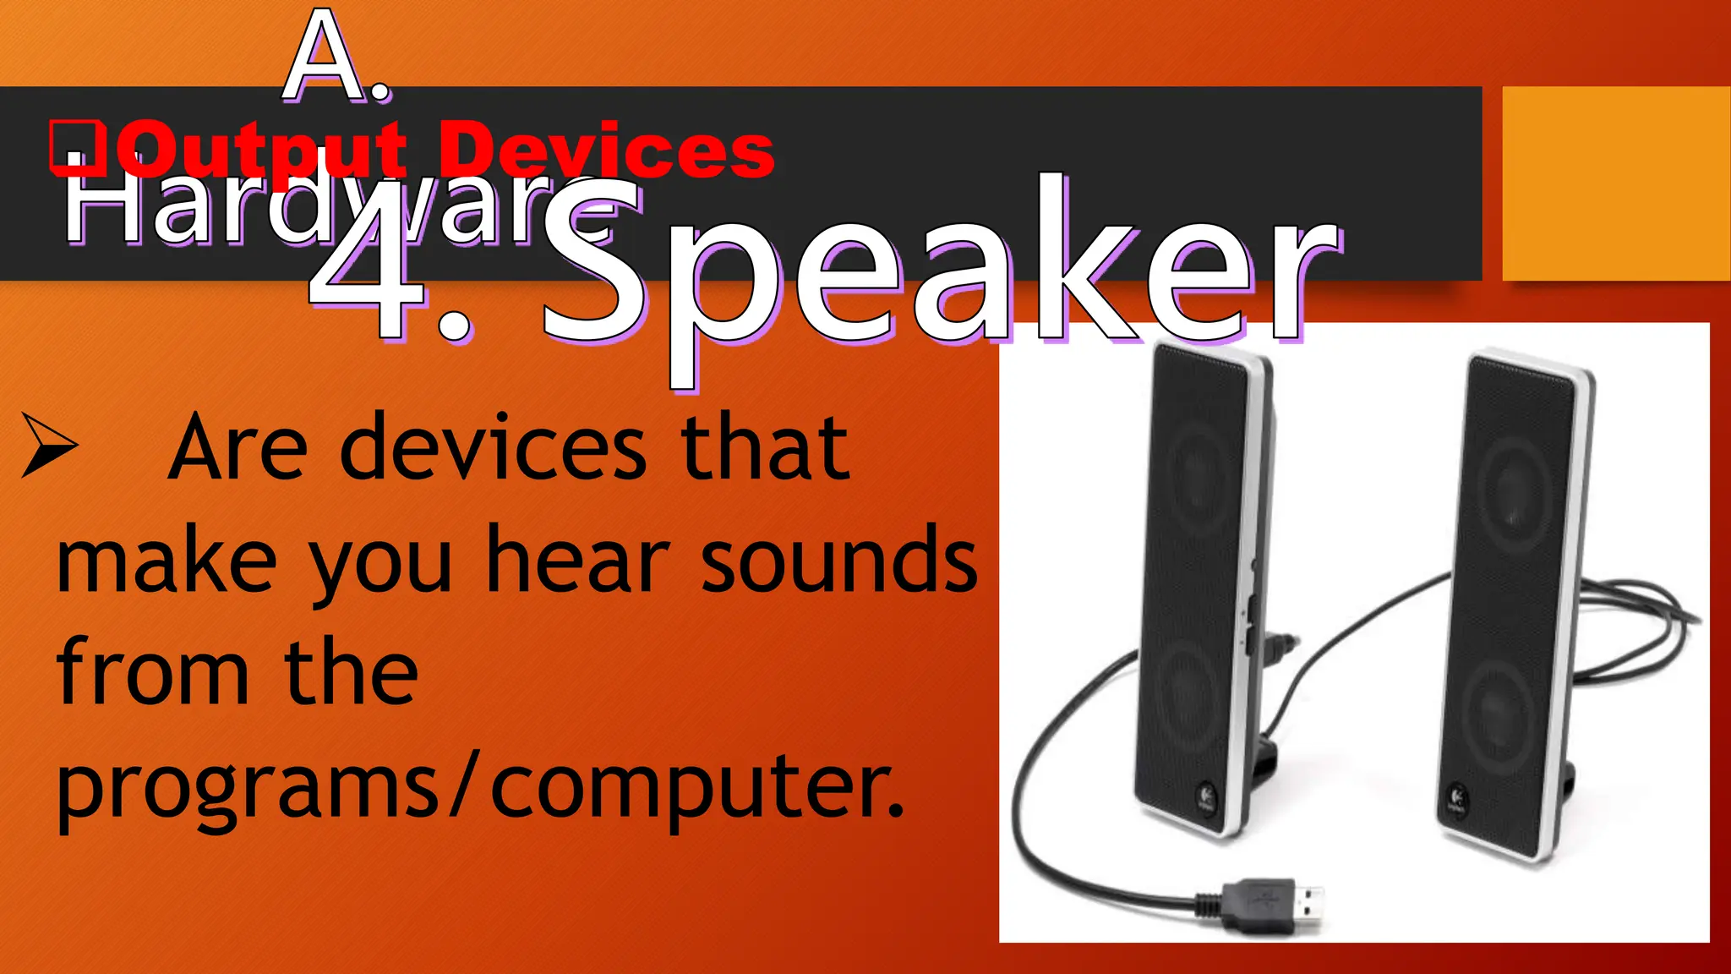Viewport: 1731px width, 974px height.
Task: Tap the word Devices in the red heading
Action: tap(606, 150)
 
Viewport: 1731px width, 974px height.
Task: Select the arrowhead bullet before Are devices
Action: tap(49, 445)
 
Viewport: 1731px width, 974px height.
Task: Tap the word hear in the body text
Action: tap(578, 561)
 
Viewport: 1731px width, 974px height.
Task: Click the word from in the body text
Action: tap(152, 672)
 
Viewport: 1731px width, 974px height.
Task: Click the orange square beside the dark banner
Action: tap(1616, 183)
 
